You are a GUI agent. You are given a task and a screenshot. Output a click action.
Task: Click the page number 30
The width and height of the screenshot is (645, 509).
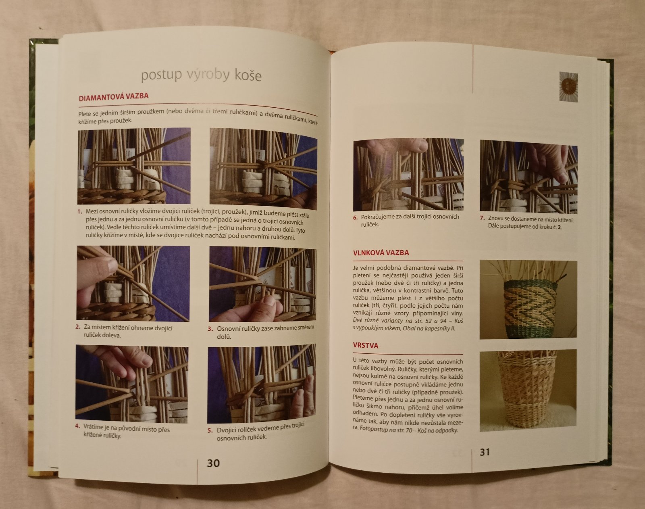coord(213,463)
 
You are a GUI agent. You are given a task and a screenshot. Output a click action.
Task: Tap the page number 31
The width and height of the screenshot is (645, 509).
coord(485,452)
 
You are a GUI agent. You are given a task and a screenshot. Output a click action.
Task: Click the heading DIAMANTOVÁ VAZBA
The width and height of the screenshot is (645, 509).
coord(114,97)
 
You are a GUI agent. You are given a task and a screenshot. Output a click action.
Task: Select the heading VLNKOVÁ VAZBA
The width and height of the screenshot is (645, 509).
coord(381,252)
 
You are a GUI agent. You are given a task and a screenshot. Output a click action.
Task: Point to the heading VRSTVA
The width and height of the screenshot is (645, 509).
coord(366,346)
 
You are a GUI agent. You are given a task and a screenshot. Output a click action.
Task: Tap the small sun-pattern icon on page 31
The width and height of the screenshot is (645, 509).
coord(568,87)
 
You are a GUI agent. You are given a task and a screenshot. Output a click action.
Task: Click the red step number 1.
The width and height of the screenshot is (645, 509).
coord(79,211)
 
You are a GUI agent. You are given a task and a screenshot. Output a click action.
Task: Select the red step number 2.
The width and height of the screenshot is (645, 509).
coord(78,327)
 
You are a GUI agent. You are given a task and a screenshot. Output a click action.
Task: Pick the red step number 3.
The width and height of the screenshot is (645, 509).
coord(210,329)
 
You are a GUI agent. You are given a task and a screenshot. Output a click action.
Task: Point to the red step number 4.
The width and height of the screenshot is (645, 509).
coord(77,426)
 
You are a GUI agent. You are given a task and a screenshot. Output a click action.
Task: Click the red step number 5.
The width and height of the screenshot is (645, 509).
coord(210,430)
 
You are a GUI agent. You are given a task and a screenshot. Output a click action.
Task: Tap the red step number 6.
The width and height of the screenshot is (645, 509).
coord(355,217)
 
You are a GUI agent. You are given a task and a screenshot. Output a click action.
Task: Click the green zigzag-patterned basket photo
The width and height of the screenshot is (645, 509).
coord(528,299)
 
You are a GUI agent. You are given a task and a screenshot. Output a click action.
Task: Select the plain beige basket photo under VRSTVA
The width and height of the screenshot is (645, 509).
coord(528,390)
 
